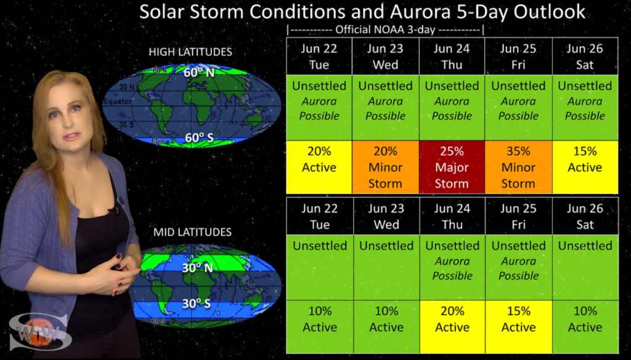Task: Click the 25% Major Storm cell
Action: tap(452, 167)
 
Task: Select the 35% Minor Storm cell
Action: tap(518, 167)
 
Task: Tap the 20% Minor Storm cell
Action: tap(386, 167)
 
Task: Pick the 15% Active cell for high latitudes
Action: tap(585, 167)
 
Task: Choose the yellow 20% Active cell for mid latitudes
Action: tap(452, 327)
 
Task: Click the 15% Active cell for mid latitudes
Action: tap(519, 327)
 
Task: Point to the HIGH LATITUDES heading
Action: tap(190, 52)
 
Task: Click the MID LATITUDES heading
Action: tap(192, 232)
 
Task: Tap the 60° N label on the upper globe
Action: tap(199, 73)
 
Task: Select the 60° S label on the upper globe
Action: tap(199, 137)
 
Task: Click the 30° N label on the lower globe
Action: tap(197, 268)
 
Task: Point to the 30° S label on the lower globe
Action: tap(197, 303)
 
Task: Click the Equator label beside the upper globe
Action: tap(118, 102)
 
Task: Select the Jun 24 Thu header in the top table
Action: tap(452, 56)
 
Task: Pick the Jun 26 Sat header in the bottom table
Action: tap(585, 216)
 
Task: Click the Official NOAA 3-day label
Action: tap(385, 30)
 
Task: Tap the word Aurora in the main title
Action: tap(420, 12)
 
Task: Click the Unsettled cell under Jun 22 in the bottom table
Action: tap(320, 268)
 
